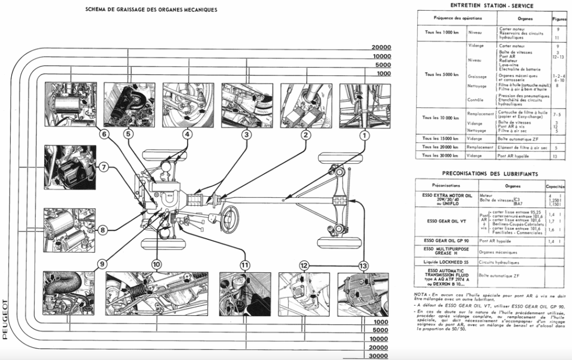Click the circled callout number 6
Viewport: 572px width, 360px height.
tap(104, 134)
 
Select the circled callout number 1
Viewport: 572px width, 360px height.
tap(364, 134)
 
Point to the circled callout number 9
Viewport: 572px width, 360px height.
tap(102, 264)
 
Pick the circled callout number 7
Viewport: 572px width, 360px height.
tap(104, 167)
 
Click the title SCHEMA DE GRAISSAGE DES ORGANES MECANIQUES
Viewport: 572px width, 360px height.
tap(151, 10)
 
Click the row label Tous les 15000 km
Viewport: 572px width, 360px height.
tap(441, 138)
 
